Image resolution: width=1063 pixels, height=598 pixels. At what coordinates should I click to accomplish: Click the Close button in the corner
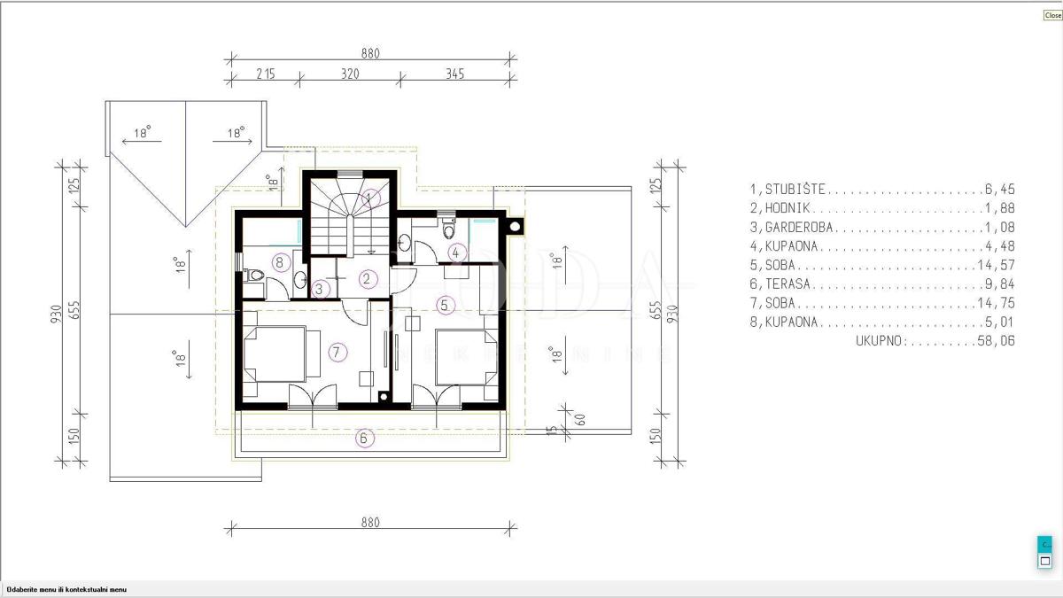(x=1053, y=15)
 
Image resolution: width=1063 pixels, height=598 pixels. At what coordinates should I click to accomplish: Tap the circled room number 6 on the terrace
(x=364, y=438)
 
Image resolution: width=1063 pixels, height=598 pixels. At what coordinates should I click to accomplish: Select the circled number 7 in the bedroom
(x=337, y=353)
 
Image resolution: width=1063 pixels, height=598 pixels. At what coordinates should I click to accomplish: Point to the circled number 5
(x=445, y=305)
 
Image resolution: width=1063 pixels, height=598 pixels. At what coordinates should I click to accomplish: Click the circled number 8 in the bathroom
(x=281, y=262)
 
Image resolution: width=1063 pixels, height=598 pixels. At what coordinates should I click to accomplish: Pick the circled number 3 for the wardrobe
(x=320, y=289)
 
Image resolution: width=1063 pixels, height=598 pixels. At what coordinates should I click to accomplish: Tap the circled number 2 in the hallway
(x=367, y=279)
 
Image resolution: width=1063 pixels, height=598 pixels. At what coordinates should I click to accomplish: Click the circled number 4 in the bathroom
(x=456, y=252)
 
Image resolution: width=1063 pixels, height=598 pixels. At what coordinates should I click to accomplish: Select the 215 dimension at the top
(x=266, y=74)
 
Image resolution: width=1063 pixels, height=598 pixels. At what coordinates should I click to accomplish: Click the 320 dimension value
(x=350, y=74)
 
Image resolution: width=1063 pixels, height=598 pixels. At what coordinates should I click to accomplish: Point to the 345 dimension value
(x=454, y=74)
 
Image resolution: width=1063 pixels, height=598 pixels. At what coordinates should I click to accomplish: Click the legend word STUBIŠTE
(x=795, y=189)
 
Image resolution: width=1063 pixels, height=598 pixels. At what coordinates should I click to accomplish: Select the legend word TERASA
(x=788, y=283)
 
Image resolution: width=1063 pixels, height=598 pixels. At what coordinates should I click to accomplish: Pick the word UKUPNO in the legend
(x=881, y=341)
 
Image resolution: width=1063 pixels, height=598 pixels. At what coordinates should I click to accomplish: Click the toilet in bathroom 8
(x=254, y=275)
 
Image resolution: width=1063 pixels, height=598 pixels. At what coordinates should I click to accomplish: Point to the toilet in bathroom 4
(x=448, y=229)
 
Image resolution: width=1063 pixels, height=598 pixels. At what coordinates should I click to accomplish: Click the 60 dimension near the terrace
(x=580, y=420)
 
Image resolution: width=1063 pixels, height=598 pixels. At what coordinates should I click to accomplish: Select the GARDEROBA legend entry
(x=799, y=227)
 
